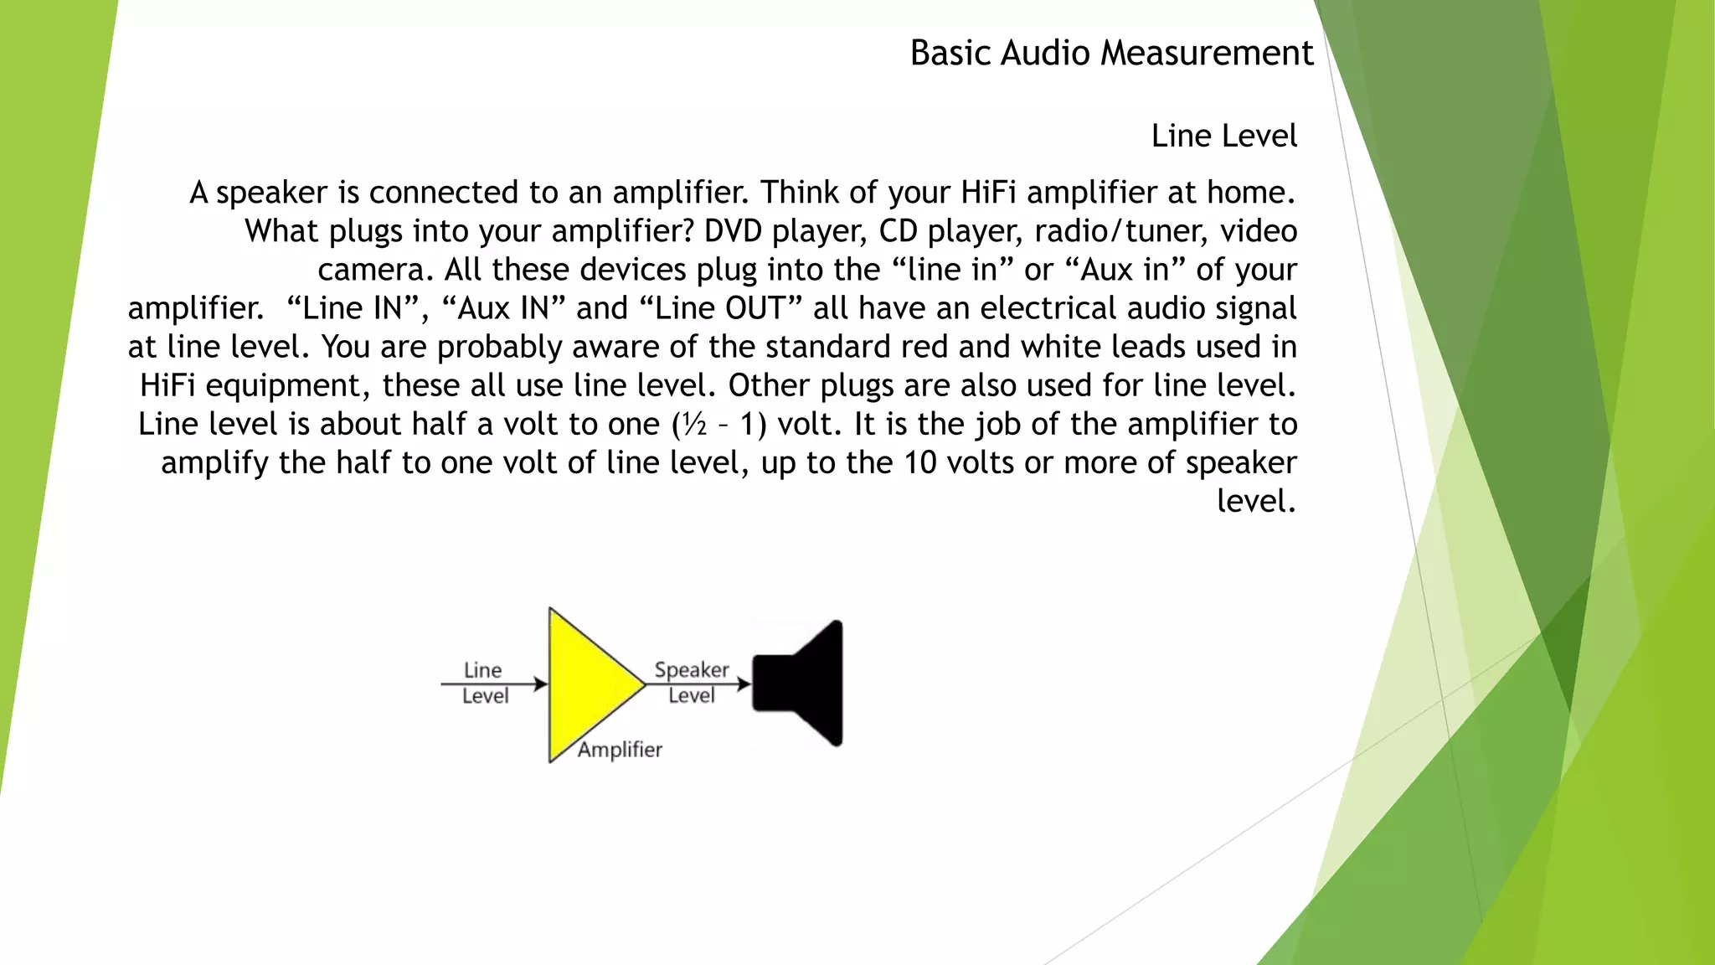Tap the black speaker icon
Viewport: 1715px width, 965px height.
pyautogui.click(x=800, y=684)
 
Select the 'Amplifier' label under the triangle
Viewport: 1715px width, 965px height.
pyautogui.click(x=620, y=750)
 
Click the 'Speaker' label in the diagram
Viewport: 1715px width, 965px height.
pyautogui.click(x=692, y=670)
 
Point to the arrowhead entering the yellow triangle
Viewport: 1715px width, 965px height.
pyautogui.click(x=541, y=684)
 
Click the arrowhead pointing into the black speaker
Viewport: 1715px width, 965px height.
pyautogui.click(x=744, y=684)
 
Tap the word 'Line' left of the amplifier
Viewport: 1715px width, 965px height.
pyautogui.click(x=483, y=670)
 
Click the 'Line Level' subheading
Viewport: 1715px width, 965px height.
pyautogui.click(x=1223, y=136)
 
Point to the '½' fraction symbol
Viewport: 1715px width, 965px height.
pyautogui.click(x=695, y=425)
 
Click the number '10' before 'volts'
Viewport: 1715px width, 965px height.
pyautogui.click(x=920, y=463)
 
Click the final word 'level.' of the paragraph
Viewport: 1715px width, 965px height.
pyautogui.click(x=1256, y=502)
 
